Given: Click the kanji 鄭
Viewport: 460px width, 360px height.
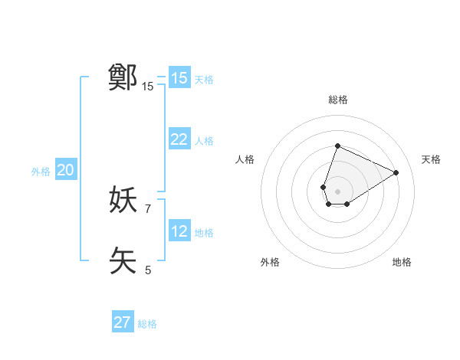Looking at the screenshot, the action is [123, 77].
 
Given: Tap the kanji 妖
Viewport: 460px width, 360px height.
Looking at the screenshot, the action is [123, 200].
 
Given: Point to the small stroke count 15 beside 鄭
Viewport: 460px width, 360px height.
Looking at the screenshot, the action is [148, 87].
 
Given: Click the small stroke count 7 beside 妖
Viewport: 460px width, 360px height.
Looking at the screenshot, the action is [148, 208].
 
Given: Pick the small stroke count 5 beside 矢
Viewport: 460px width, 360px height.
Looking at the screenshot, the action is [148, 270].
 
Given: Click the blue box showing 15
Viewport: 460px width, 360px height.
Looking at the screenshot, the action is [179, 78].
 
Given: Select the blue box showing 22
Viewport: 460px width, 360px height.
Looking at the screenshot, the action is [179, 139].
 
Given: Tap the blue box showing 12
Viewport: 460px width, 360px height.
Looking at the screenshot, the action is [179, 231].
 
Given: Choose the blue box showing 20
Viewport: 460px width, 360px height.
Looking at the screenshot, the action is [65, 171].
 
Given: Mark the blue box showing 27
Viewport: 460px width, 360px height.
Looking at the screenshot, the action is [123, 322].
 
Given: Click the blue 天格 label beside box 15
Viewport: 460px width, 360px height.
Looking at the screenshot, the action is [204, 79].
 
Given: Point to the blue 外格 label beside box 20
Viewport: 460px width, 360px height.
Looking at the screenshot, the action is [41, 172].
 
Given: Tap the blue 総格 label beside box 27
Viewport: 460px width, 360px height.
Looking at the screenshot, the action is [147, 324].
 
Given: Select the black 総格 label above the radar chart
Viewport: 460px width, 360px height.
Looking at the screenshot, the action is [337, 100].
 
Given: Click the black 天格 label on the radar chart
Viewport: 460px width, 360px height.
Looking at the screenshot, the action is [431, 159].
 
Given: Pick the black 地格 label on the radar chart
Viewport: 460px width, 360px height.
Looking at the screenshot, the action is [402, 262].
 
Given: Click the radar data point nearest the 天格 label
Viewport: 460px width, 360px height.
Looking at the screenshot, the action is [396, 172].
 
